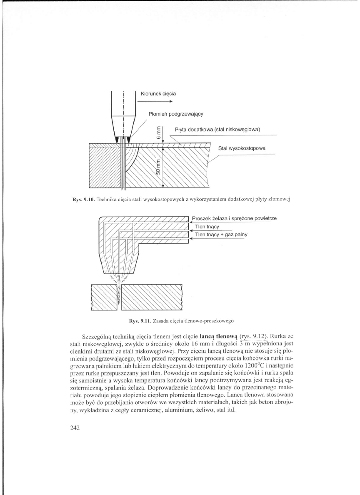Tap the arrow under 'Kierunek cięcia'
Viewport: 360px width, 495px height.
coord(154,101)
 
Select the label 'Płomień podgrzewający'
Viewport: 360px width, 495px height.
coord(175,113)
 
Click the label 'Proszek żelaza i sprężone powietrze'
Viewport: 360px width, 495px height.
coord(234,218)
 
